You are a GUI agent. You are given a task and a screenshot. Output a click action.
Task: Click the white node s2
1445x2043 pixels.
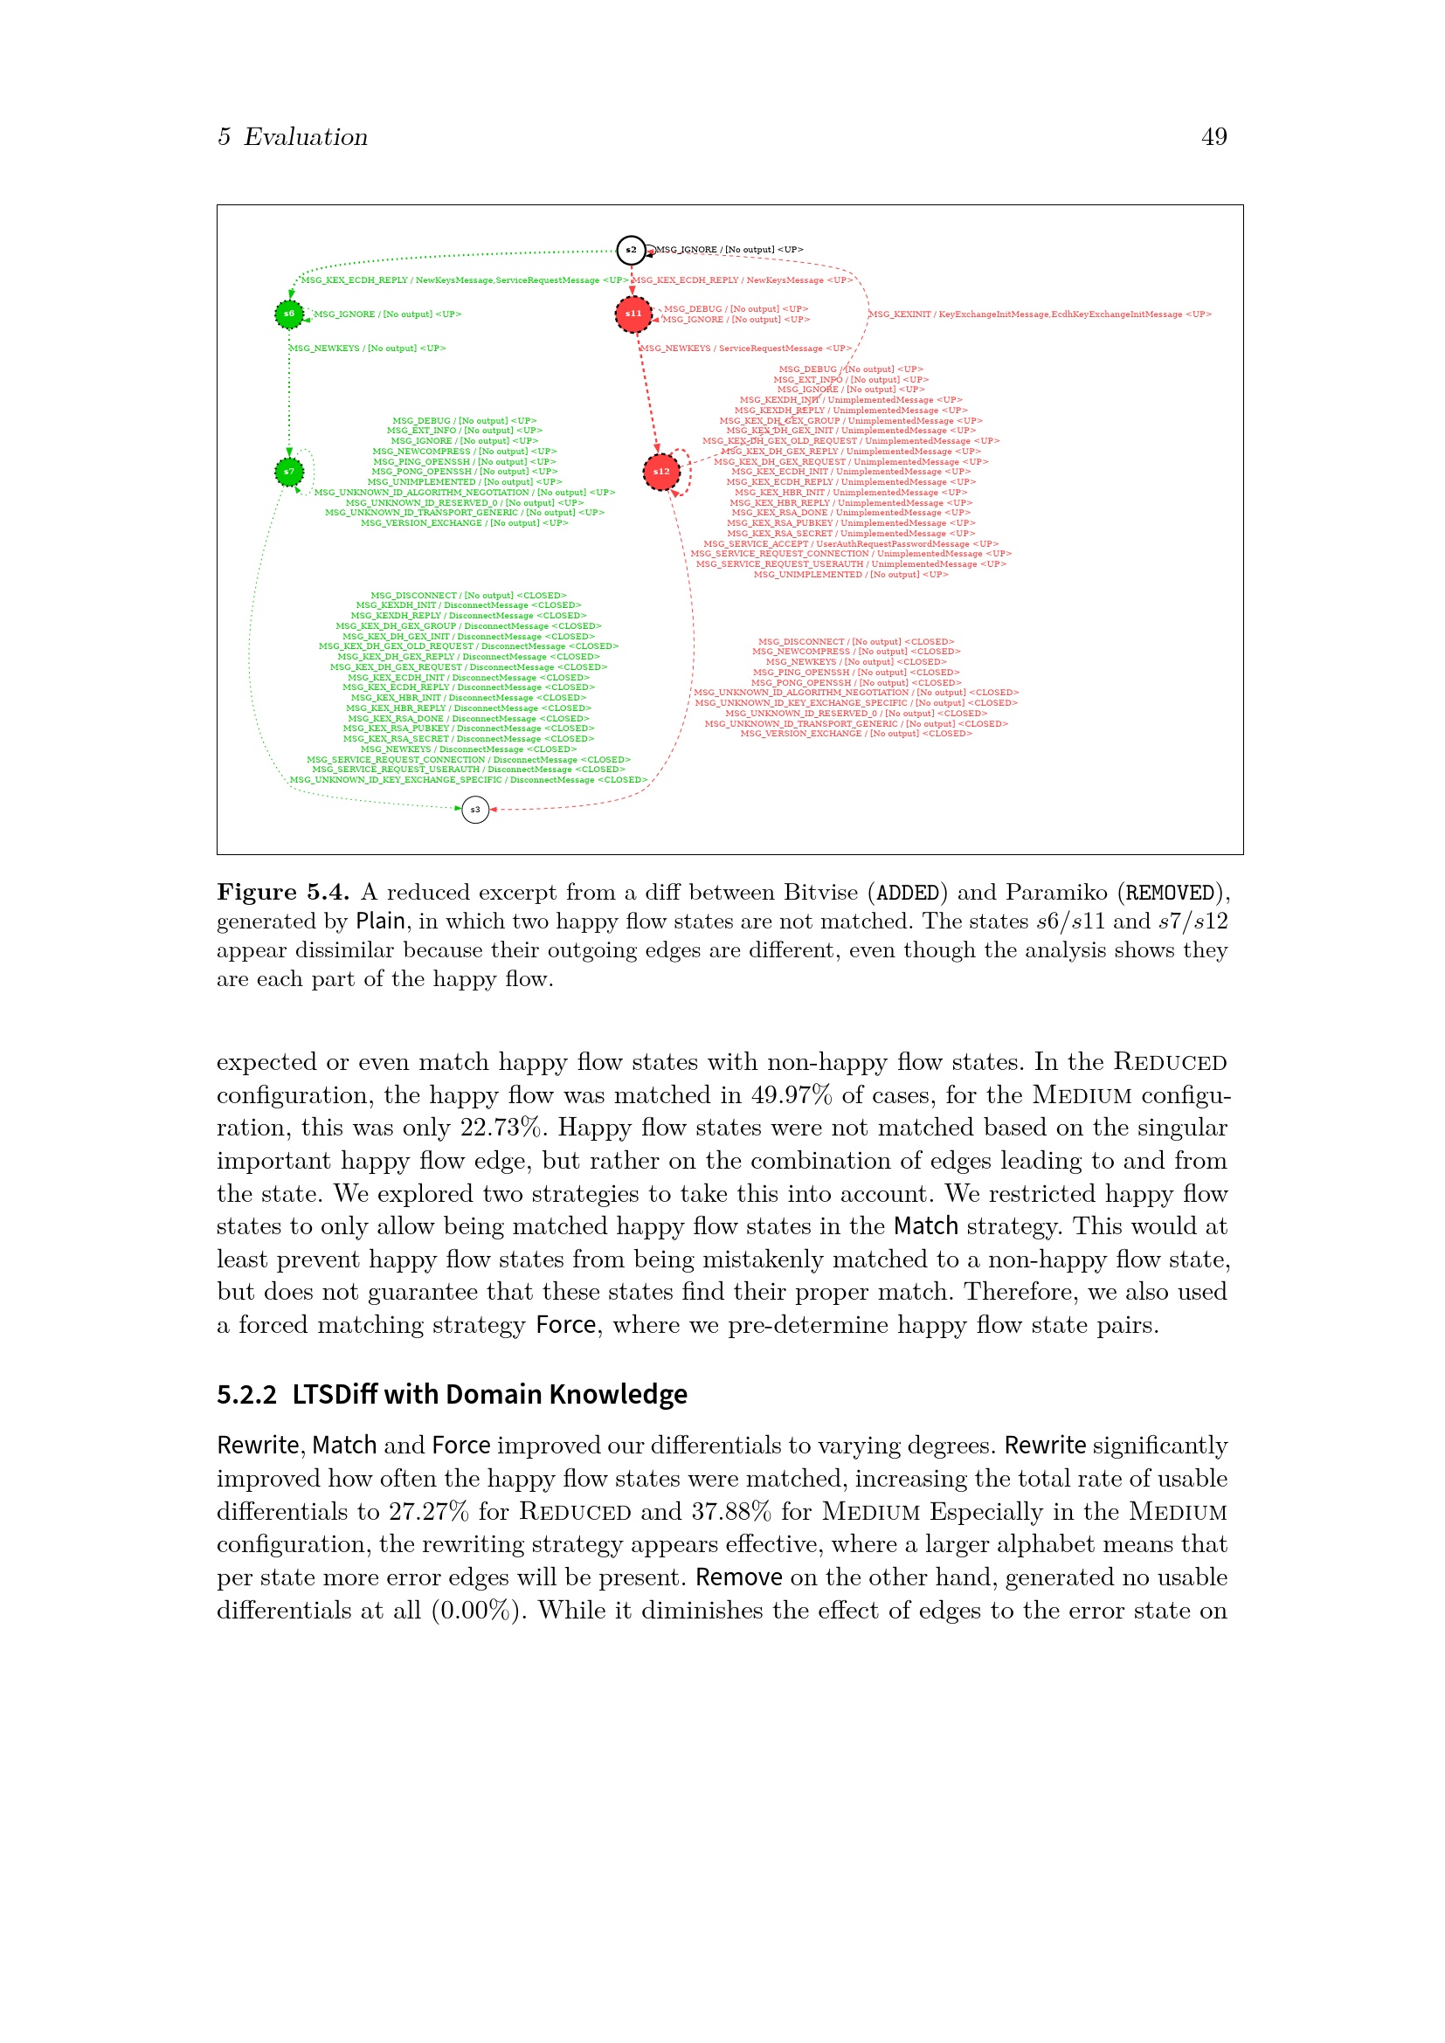631,250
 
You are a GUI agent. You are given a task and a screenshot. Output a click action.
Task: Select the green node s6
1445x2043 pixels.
289,314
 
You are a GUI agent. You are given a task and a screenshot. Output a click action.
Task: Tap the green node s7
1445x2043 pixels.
289,472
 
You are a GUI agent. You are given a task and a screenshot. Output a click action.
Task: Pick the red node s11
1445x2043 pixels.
633,314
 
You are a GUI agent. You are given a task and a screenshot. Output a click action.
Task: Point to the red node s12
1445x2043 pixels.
661,472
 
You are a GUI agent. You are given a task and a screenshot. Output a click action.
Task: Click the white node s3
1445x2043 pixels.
475,810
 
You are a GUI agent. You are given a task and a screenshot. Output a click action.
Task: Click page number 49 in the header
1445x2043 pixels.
1213,137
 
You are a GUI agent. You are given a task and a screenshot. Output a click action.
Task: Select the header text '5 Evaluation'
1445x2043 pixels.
293,137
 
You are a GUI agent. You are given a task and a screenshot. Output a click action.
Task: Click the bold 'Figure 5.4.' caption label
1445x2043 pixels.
283,893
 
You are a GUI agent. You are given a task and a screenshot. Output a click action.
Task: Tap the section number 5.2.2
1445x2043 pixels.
246,1394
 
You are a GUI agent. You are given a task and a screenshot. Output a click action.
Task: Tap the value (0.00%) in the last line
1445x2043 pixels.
479,1611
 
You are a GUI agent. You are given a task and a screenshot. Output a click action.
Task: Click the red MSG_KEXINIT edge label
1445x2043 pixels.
1040,314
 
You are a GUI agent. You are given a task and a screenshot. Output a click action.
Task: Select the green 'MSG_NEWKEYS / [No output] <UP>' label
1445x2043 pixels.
368,349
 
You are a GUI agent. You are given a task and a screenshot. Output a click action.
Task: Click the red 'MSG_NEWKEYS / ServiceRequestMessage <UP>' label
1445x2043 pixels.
745,349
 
